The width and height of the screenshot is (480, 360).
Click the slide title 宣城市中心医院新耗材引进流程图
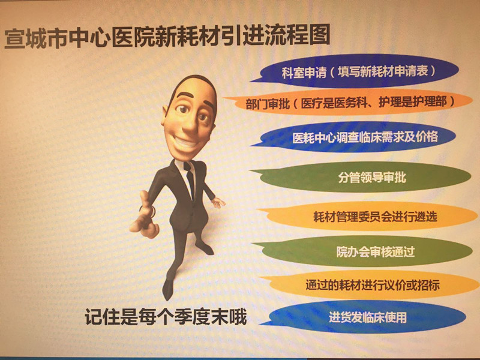pos(167,37)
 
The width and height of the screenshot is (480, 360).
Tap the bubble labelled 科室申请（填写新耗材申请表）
pos(355,71)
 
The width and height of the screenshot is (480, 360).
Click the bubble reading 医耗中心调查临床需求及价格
pos(355,137)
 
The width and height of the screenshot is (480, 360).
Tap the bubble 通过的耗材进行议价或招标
pos(370,285)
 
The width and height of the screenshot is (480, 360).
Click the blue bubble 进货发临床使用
pos(364,317)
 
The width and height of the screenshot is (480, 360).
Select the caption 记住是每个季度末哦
pos(166,317)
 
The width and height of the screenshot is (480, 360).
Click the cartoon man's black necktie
pos(190,179)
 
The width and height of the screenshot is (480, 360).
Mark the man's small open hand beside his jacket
pos(218,202)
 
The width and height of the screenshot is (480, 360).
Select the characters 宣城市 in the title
pos(36,38)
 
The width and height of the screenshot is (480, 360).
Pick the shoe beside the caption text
pos(167,289)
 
